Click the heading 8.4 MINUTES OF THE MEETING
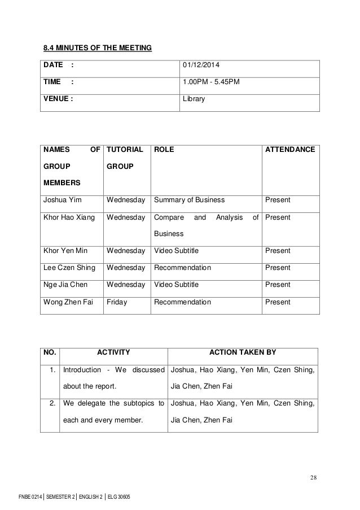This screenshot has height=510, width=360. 98,47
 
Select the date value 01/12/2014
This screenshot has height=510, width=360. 201,66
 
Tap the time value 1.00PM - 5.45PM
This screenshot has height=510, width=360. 211,83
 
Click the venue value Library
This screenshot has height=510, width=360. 194,100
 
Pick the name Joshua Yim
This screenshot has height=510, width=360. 60,200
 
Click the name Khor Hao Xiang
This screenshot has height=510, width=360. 69,217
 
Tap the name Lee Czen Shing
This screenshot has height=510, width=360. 69,268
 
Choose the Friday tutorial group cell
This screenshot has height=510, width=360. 116,302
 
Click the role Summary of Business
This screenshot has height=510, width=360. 189,200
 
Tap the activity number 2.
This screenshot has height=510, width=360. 52,404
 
